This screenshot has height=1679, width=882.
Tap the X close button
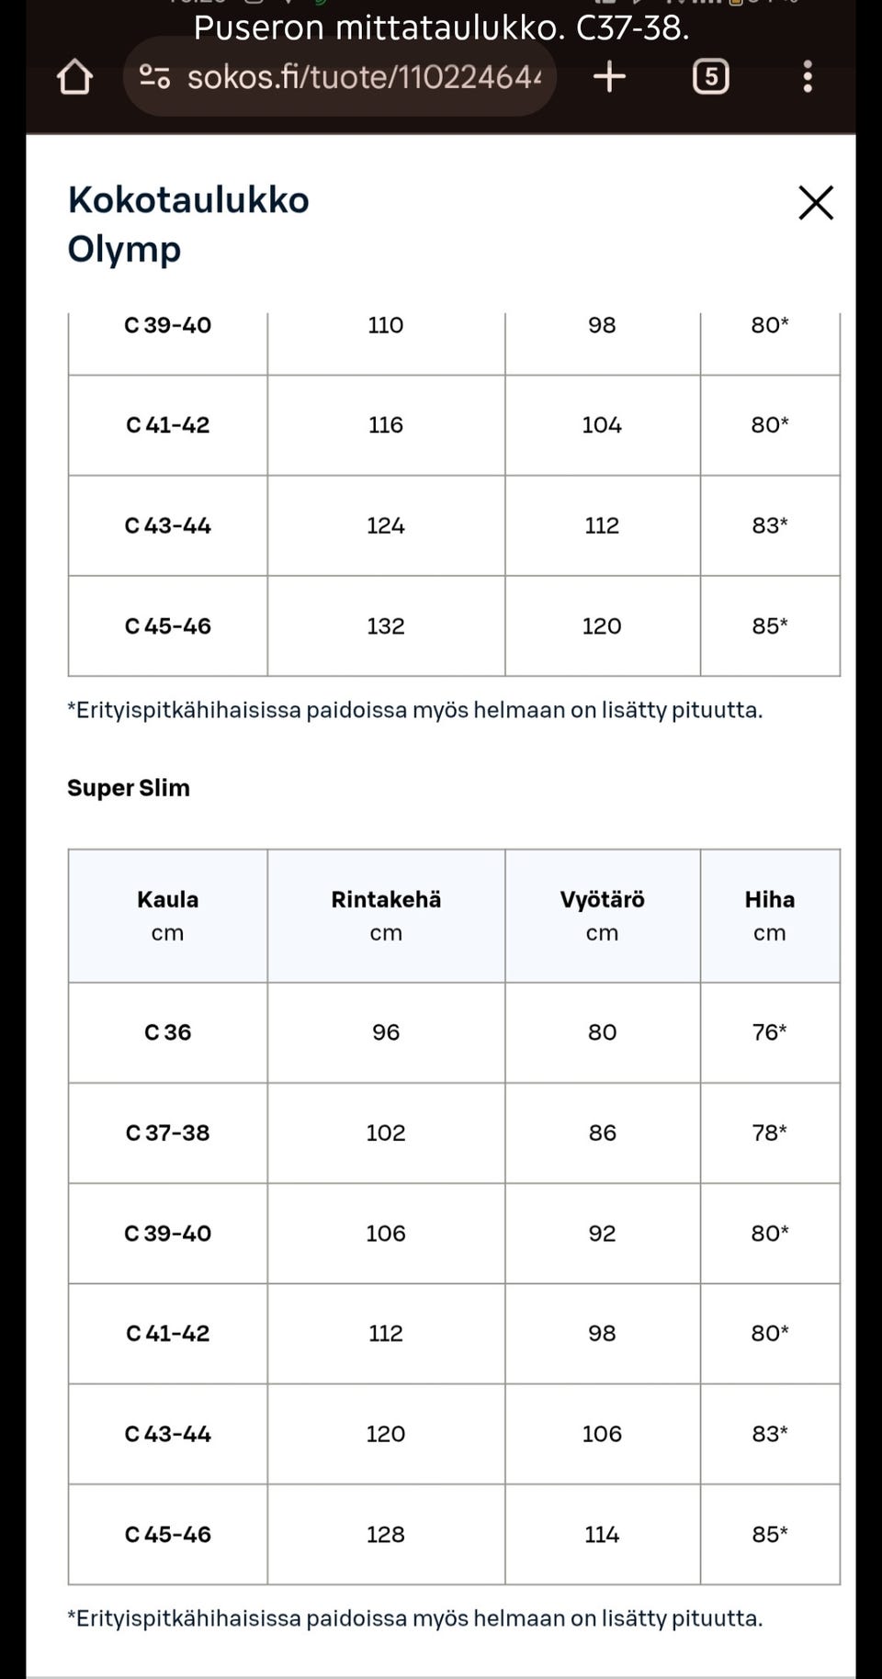tap(815, 203)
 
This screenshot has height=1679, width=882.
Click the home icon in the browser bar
tap(74, 77)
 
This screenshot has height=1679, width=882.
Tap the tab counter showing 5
tap(710, 77)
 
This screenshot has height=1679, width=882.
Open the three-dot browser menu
tap(808, 77)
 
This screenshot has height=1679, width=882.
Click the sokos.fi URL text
tap(364, 77)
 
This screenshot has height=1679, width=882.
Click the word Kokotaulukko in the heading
tap(188, 200)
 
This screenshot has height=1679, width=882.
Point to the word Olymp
tap(124, 249)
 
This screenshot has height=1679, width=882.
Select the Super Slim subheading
tap(129, 788)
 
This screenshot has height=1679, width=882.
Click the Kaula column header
tap(167, 900)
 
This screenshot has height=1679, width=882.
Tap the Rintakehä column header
tap(386, 900)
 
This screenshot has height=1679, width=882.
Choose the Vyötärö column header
tap(602, 900)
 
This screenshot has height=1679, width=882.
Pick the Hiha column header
tap(769, 900)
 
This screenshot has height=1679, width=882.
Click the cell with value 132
tap(386, 626)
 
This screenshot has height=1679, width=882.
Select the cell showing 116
tap(386, 425)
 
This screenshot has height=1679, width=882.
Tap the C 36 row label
tap(167, 1032)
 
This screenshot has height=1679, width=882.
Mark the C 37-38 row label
tap(167, 1133)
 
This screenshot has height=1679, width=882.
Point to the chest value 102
tap(386, 1133)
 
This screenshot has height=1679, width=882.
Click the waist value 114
tap(602, 1535)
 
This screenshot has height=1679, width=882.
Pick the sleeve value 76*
tap(769, 1032)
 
